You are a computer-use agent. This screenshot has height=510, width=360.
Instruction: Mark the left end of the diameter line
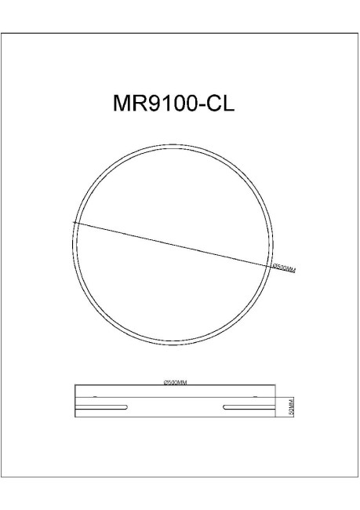tap(74, 223)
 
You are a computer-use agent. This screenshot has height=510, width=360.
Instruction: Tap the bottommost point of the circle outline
tap(173, 344)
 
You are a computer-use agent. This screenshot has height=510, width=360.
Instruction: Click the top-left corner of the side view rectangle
tap(75, 386)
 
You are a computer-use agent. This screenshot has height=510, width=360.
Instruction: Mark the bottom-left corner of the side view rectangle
tap(75, 417)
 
